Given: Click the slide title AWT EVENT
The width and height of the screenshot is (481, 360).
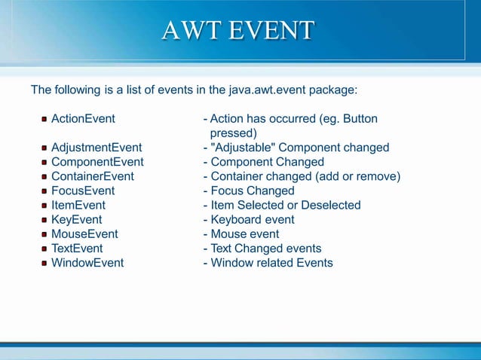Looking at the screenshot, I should (238, 31).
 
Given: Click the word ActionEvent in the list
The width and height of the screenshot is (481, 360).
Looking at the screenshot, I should (83, 119).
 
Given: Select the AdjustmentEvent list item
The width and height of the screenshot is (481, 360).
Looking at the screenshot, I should (96, 148).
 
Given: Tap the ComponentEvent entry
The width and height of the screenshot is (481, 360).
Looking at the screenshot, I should (97, 162).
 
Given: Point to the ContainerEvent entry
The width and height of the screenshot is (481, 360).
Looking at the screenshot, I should (92, 176).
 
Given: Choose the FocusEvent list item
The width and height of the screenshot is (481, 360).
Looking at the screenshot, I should (83, 191).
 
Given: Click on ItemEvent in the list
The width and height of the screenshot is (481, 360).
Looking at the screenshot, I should (78, 205).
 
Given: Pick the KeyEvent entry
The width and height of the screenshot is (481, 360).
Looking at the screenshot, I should (76, 219).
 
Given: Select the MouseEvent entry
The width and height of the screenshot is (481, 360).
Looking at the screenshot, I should (84, 234).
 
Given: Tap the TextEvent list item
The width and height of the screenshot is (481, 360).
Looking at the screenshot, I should (77, 249).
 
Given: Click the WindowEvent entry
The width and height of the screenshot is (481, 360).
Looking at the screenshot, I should (87, 263).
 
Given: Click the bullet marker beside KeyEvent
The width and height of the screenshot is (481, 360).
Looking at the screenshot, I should (44, 220).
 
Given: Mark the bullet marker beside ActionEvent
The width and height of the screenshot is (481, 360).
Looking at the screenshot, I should (44, 119).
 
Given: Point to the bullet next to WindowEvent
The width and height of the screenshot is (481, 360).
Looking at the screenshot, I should (44, 263).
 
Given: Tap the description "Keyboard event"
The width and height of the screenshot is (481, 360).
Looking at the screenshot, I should (253, 219).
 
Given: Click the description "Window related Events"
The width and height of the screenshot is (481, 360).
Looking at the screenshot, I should (271, 263).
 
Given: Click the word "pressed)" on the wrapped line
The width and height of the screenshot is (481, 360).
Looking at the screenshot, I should (233, 133).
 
